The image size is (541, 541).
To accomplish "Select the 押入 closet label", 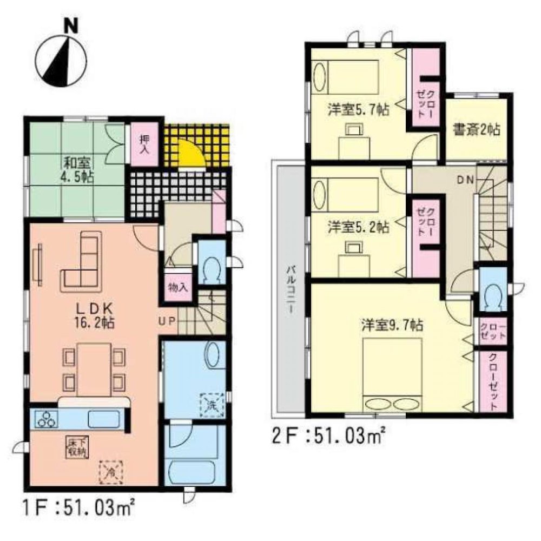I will (x=144, y=144).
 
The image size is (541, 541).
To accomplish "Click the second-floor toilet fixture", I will (x=492, y=295).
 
